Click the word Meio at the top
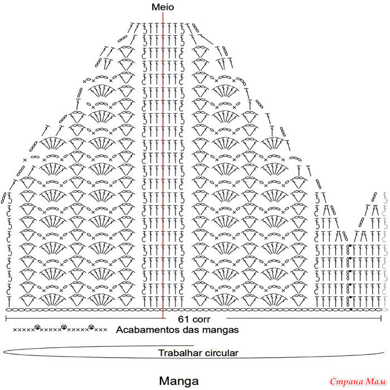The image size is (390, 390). click(x=163, y=7)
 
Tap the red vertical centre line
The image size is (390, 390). click(x=163, y=165)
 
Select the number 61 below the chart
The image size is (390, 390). click(x=183, y=319)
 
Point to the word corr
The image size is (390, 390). click(x=201, y=319)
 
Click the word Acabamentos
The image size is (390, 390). click(x=148, y=330)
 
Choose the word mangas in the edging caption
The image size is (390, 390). click(x=221, y=331)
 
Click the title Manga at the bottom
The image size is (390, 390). click(x=179, y=381)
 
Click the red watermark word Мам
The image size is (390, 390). click(x=376, y=382)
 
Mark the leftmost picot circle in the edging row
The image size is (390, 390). click(x=37, y=328)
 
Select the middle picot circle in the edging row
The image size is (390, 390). click(x=64, y=328)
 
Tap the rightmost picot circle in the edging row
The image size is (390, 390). click(x=91, y=328)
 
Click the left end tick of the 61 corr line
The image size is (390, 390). click(x=6, y=318)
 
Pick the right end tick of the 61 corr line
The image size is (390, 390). click(x=381, y=318)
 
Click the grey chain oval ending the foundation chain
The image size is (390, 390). click(x=384, y=310)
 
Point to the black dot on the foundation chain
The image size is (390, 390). click(x=350, y=309)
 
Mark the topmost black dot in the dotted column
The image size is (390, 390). click(x=350, y=246)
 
